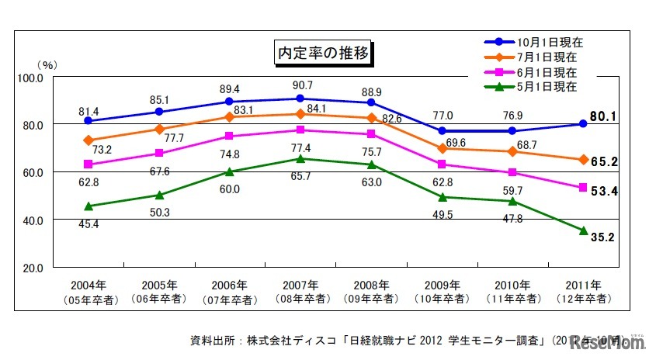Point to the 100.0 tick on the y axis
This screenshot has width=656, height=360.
point(30,78)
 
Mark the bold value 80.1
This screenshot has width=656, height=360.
point(602,117)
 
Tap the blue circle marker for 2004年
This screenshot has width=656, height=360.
point(88,121)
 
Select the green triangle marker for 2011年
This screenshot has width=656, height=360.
point(583,230)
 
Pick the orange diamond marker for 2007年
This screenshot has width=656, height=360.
point(300,114)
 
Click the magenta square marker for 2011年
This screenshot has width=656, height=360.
point(583,188)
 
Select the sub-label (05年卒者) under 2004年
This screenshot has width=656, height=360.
point(88,299)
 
